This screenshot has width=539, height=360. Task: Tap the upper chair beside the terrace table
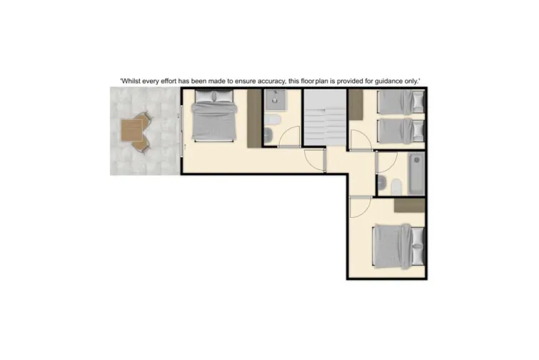click(145, 119)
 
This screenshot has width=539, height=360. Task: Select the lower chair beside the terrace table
click(141, 145)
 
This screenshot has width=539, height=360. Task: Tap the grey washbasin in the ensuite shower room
click(273, 116)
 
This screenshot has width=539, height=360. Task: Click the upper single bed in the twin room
click(400, 103)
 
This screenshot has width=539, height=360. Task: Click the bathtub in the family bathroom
click(415, 172)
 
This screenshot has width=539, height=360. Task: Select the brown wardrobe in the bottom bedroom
click(409, 205)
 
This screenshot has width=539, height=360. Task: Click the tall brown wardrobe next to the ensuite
click(253, 119)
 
